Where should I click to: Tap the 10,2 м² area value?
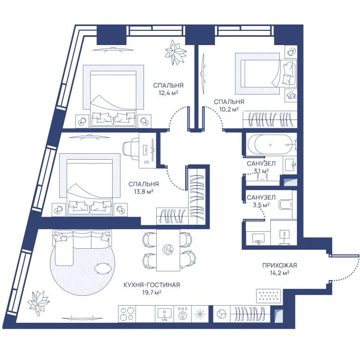[x=229, y=109]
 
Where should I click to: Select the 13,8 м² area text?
[x=144, y=192]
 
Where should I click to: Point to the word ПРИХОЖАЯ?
[x=280, y=265]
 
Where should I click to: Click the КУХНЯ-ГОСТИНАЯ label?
[x=152, y=285]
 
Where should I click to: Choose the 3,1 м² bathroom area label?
[x=261, y=171]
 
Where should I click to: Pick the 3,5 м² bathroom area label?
[x=261, y=205]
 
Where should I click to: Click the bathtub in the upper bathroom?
[x=271, y=144]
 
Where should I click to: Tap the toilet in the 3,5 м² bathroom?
[x=285, y=204]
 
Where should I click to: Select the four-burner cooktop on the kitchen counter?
[x=127, y=314]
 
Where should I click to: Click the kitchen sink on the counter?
[x=165, y=313]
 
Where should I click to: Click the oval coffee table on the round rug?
[x=103, y=268]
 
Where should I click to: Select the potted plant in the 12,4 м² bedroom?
[x=176, y=52]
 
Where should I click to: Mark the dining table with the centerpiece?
[x=168, y=250]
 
